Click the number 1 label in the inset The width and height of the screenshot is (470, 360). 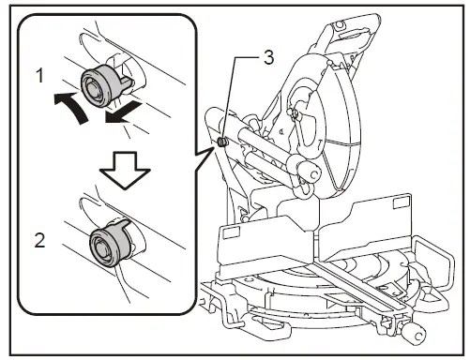click(x=38, y=73)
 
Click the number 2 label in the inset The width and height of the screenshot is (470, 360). click(x=38, y=239)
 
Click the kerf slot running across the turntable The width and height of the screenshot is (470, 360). click(x=356, y=281)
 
